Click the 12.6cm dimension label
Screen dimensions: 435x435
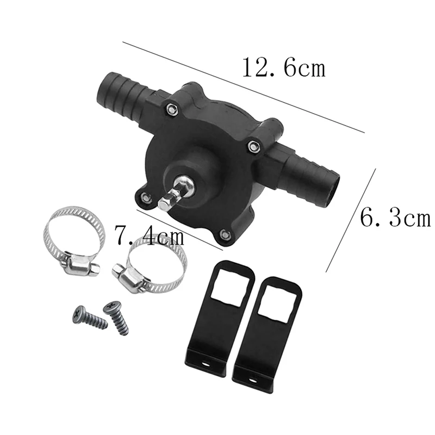tap(283, 69)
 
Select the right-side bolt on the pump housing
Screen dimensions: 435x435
tap(252, 145)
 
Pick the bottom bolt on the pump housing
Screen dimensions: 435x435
tap(225, 235)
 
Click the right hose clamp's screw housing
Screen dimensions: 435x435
tap(128, 277)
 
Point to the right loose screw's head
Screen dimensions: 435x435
tap(110, 308)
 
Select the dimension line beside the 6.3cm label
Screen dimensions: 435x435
tap(351, 220)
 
